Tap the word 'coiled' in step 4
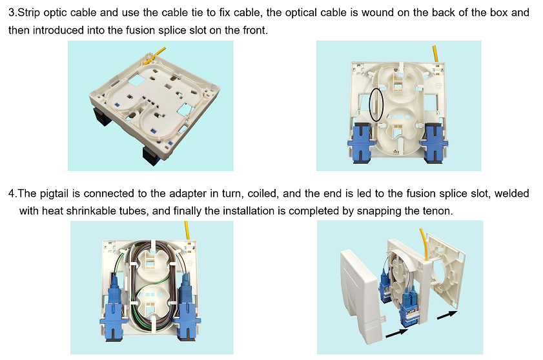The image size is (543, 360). click(x=263, y=194)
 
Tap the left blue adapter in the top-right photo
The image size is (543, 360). click(x=360, y=142)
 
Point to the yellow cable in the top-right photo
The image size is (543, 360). click(x=435, y=54)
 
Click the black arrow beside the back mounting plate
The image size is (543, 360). click(x=447, y=315)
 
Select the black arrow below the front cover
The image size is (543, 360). click(x=396, y=333)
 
